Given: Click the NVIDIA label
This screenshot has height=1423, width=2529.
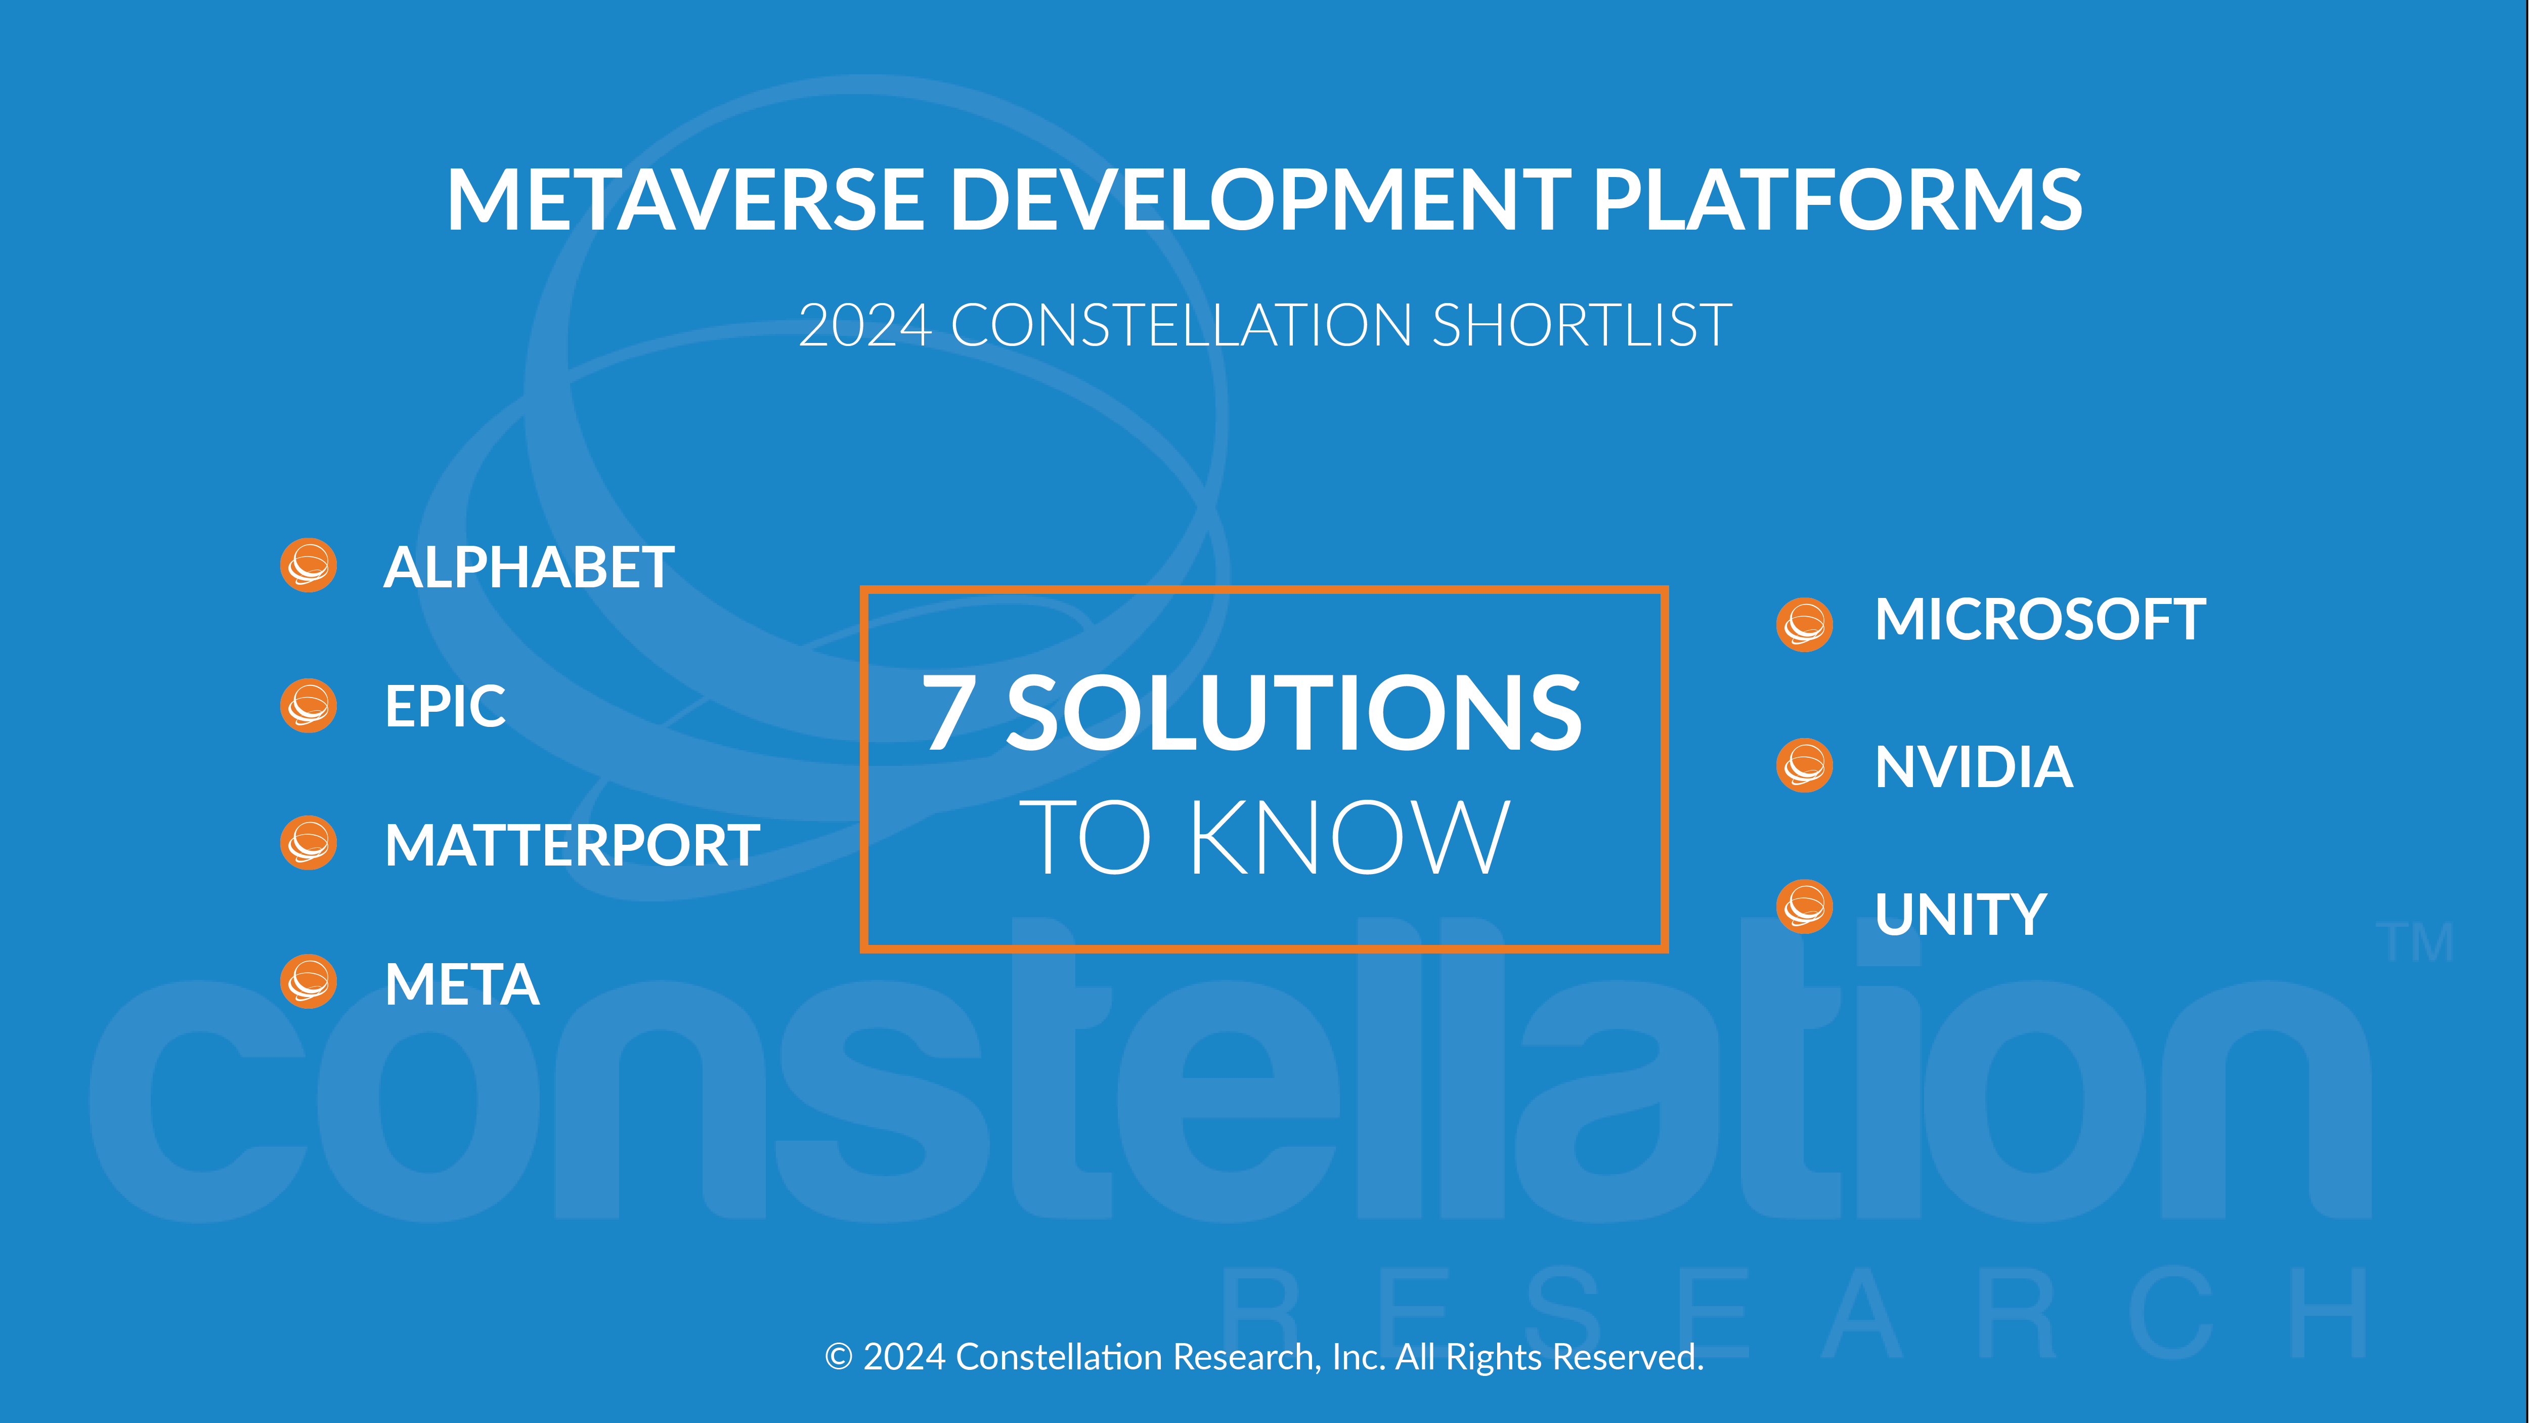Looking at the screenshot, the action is point(1973,767).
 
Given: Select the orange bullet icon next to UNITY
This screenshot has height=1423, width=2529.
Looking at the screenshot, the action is point(1805,907).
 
